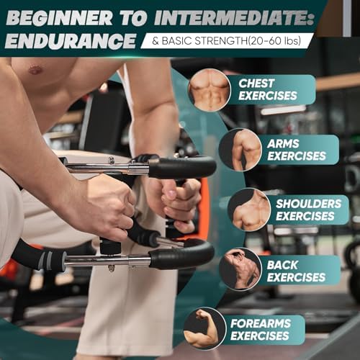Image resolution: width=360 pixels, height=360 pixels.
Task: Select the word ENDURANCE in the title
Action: (x=70, y=41)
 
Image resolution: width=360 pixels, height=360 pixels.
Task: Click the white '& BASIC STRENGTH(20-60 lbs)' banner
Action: (x=227, y=41)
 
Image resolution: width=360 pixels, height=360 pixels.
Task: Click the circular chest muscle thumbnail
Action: (x=209, y=89)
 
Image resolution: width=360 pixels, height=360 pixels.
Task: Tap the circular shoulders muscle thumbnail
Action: (x=249, y=210)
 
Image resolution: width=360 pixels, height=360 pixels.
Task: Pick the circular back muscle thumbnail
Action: (x=240, y=269)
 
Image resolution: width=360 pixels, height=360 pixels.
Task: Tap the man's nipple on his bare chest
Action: (x=35, y=71)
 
